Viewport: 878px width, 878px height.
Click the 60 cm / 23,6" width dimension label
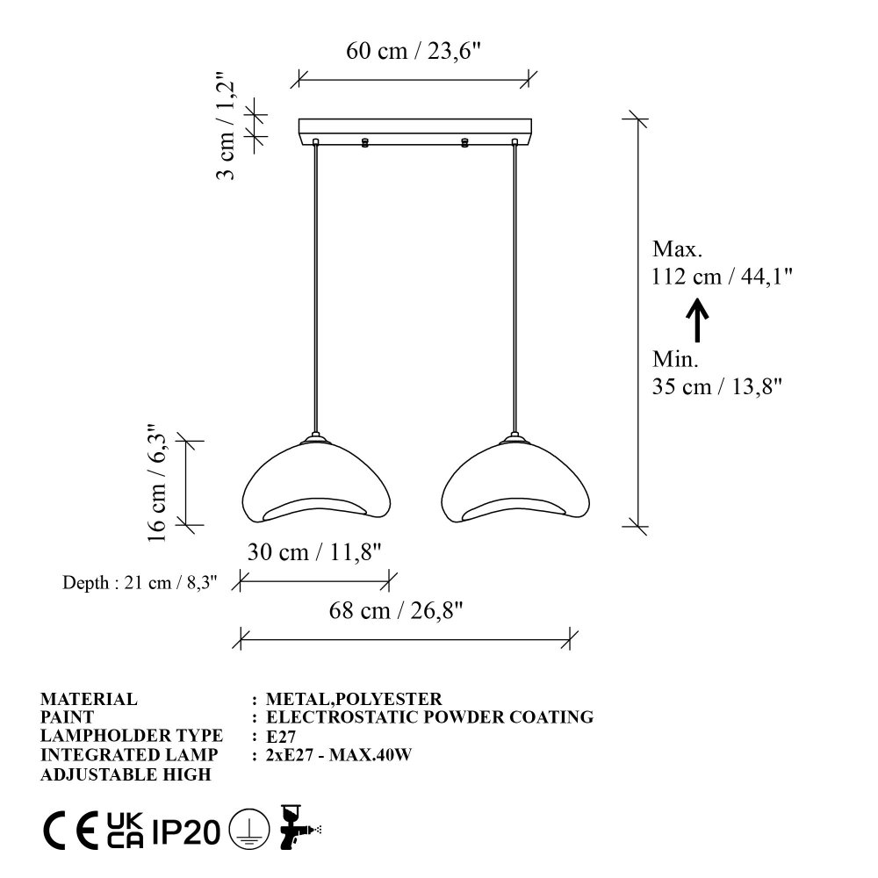click(414, 51)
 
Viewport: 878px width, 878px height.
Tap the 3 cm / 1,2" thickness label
click(226, 126)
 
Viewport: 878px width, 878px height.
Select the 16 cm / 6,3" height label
click(156, 482)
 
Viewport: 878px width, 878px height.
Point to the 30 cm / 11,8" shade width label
click(314, 552)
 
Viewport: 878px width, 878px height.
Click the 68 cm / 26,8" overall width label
click(396, 610)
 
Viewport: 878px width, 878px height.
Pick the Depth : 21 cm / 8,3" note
click(140, 582)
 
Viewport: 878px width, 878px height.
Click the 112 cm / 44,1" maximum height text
click(722, 276)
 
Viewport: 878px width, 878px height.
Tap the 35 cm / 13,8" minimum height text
click(716, 386)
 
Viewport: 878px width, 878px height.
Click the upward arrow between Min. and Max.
click(697, 320)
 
